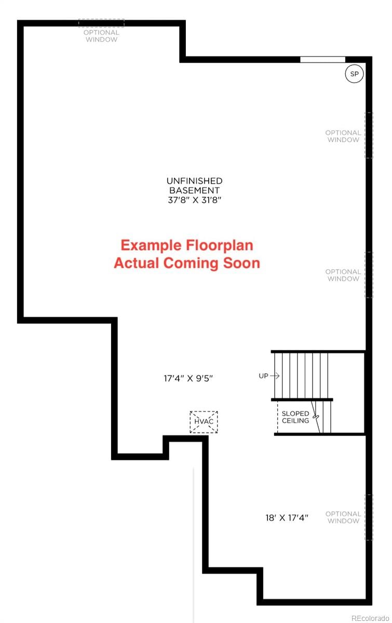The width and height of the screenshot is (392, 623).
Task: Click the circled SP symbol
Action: [x=354, y=74]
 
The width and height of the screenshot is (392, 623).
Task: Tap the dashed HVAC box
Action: [x=204, y=422]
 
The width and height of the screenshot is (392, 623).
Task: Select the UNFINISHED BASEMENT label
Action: [x=195, y=185]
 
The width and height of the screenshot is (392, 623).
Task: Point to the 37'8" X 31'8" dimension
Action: [x=195, y=200]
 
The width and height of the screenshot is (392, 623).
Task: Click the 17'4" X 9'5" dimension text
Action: [x=188, y=378]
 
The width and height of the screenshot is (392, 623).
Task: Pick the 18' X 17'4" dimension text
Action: [x=286, y=517]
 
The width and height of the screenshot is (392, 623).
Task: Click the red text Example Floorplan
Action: [x=187, y=245]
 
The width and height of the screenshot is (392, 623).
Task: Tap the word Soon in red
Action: [x=241, y=263]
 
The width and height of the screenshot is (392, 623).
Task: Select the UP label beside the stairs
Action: [x=264, y=375]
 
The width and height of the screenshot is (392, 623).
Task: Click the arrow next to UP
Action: [x=275, y=375]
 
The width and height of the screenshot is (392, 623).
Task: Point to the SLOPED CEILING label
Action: [x=295, y=417]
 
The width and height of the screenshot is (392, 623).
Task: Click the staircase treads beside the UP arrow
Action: [x=301, y=375]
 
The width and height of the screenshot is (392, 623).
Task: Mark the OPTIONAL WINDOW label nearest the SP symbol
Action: [x=343, y=136]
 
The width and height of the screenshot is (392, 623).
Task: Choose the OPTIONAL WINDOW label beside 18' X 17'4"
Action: [x=343, y=517]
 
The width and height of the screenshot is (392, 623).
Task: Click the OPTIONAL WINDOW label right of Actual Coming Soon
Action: [x=343, y=275]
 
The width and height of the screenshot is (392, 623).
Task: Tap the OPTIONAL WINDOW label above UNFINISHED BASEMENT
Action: [x=102, y=36]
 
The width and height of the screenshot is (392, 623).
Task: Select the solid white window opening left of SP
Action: [x=322, y=60]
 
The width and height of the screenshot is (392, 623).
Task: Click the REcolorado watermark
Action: [x=370, y=618]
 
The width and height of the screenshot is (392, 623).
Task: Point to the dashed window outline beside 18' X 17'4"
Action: [x=369, y=517]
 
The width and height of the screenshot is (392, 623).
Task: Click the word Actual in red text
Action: [x=137, y=263]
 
